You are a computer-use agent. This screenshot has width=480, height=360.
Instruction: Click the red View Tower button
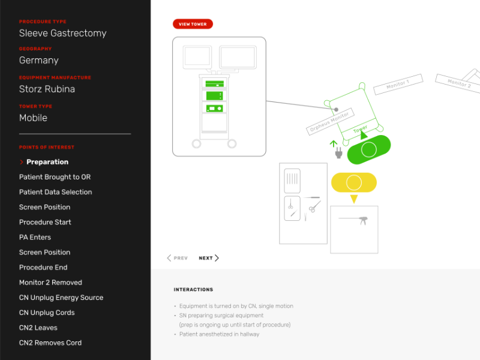[193, 24]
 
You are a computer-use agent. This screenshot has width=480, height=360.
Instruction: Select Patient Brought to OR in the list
[55, 177]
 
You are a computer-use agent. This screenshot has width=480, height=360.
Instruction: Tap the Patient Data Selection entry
[55, 192]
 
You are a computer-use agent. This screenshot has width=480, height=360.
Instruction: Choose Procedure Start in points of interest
[45, 222]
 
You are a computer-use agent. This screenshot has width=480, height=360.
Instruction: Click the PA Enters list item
[35, 237]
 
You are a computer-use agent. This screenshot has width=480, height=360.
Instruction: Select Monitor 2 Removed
[50, 283]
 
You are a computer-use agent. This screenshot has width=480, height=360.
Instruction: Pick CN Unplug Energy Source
[61, 298]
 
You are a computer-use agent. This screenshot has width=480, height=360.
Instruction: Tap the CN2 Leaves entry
[38, 328]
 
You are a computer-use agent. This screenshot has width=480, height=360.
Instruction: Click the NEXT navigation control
[209, 258]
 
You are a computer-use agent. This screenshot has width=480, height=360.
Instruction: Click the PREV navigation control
[177, 258]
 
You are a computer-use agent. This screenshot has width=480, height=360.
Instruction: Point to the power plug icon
[338, 153]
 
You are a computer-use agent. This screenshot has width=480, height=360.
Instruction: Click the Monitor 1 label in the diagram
[398, 84]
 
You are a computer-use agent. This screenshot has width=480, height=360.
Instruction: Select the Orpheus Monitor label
[329, 122]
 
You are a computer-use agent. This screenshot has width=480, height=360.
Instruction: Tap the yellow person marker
[354, 182]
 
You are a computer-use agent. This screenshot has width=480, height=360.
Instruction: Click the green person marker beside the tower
[369, 149]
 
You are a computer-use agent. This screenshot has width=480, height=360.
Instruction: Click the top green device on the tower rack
[214, 83]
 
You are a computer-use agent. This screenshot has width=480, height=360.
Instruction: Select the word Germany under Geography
[39, 61]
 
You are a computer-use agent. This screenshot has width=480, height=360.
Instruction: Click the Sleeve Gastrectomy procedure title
[63, 33]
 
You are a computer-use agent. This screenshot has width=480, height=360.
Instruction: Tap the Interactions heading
[193, 290]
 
